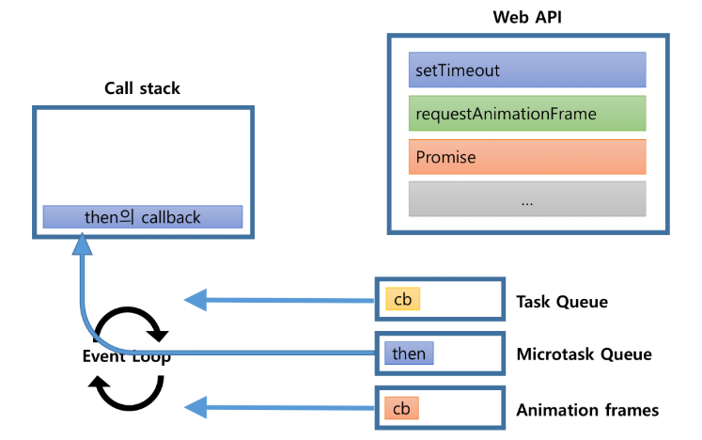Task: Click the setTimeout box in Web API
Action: [527, 70]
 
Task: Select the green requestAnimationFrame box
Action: [527, 113]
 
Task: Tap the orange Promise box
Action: [527, 157]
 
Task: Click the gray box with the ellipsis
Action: [527, 199]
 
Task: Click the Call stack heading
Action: [142, 88]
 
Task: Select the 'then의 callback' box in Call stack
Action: [143, 217]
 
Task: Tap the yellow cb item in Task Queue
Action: [402, 299]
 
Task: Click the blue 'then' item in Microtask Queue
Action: [409, 354]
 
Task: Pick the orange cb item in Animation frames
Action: [401, 409]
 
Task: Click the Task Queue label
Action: [562, 302]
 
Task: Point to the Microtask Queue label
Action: [584, 354]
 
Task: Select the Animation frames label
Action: [587, 410]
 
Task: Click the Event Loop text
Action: [124, 356]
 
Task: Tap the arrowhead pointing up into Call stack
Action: [82, 244]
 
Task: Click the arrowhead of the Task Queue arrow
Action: [195, 300]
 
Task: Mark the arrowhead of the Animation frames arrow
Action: [195, 407]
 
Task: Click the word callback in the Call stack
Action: [170, 217]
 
